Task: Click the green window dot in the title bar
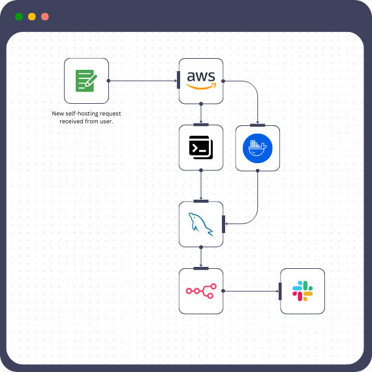[x=18, y=16]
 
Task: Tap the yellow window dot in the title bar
[x=31, y=16]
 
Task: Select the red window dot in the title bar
[x=44, y=16]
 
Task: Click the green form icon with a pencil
[x=86, y=80]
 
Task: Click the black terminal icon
[x=201, y=147]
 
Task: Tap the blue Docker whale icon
[x=257, y=148]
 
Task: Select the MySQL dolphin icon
[x=201, y=225]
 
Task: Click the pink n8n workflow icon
[x=201, y=291]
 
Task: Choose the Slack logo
[x=302, y=291]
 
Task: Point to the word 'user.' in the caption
[x=105, y=121]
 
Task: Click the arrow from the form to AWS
[x=144, y=81]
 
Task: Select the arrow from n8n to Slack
[x=251, y=291]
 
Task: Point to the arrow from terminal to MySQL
[x=201, y=185]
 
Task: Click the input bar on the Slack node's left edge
[x=280, y=291]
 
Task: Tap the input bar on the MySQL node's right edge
[x=223, y=224]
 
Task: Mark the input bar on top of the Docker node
[x=257, y=125]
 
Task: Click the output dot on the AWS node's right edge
[x=223, y=81]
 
